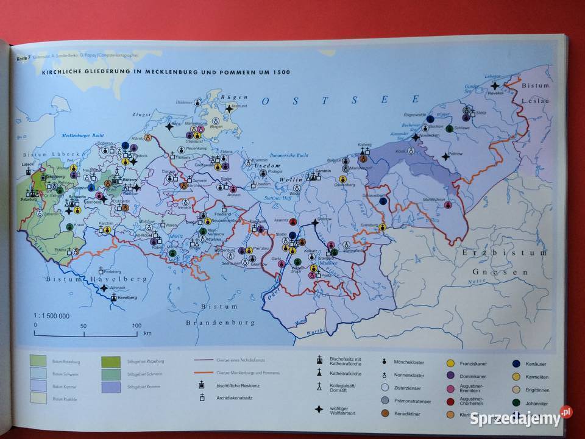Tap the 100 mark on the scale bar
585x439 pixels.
pos(136,326)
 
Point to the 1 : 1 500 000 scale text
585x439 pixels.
pos(51,316)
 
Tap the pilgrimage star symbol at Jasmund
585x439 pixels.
pos(229,109)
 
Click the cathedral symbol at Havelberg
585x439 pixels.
pos(114,298)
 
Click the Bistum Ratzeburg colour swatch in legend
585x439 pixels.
pos(39,361)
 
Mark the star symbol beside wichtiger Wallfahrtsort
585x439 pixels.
pos(318,409)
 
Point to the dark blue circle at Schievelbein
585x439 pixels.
pos(383,201)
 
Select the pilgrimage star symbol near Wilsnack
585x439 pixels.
pos(105,287)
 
